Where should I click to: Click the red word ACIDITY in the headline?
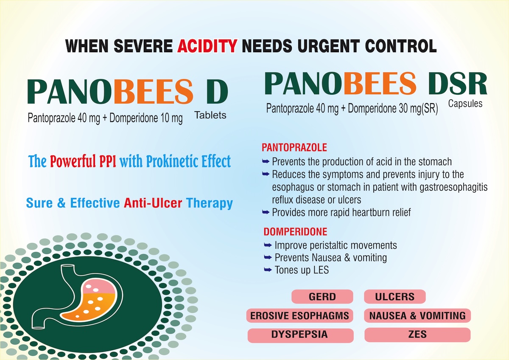coord(207,46)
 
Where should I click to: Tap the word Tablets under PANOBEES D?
coord(210,115)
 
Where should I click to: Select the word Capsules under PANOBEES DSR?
coord(465,104)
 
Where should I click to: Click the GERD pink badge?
coord(322,297)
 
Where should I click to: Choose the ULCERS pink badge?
coord(395,297)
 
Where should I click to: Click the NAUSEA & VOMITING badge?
coord(417,316)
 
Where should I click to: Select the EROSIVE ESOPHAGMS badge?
coord(299,316)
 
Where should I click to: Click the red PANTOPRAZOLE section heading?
coord(294,148)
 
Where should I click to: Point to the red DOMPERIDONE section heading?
coord(295,232)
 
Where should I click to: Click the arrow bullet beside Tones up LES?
coord(268,270)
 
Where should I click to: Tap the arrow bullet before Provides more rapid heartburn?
coord(266,212)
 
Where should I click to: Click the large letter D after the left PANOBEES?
coord(217,92)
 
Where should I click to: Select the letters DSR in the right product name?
coord(458,84)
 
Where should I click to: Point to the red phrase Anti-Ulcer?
coord(153,203)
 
